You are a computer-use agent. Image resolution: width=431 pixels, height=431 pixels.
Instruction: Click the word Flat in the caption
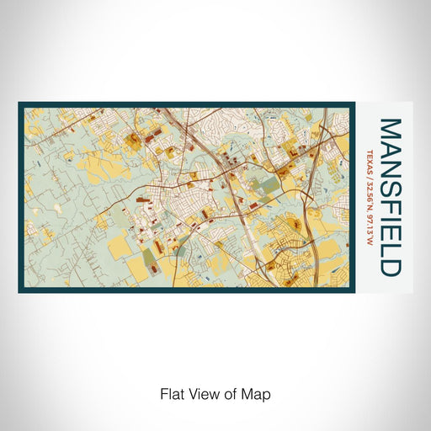(x=171, y=393)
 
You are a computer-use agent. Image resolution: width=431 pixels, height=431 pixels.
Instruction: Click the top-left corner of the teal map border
(x=19, y=104)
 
